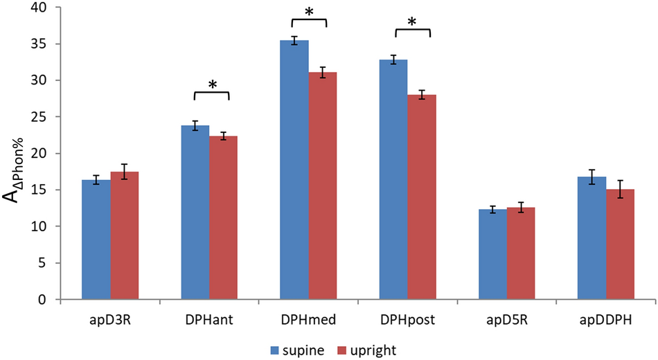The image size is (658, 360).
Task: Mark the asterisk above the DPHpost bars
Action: tap(412, 23)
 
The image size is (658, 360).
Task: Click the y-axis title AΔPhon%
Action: tap(15, 170)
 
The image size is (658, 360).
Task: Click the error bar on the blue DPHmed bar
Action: tap(294, 41)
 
